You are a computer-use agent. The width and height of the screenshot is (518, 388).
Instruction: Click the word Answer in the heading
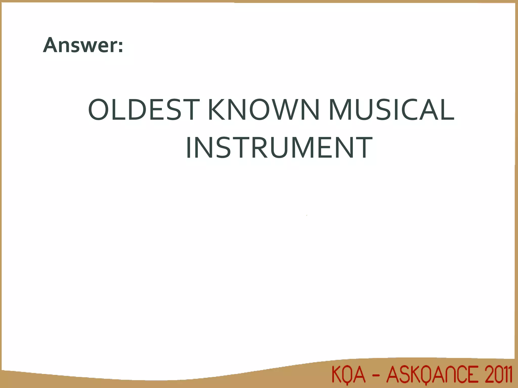pos(80,45)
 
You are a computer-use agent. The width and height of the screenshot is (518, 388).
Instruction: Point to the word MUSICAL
pos(391,110)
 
